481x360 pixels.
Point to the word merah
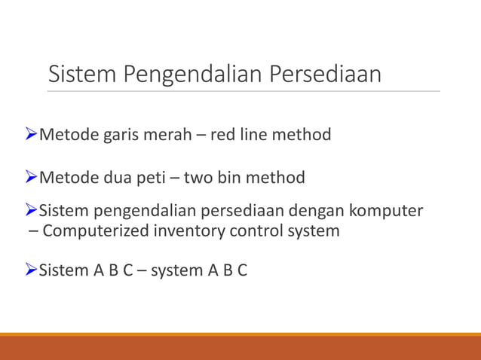point(167,135)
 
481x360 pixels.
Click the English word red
point(222,135)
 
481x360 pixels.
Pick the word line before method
point(253,135)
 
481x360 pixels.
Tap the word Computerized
point(97,231)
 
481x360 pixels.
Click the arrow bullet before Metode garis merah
point(30,135)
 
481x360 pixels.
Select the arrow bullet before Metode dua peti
point(30,178)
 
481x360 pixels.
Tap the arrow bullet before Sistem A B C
point(30,270)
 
